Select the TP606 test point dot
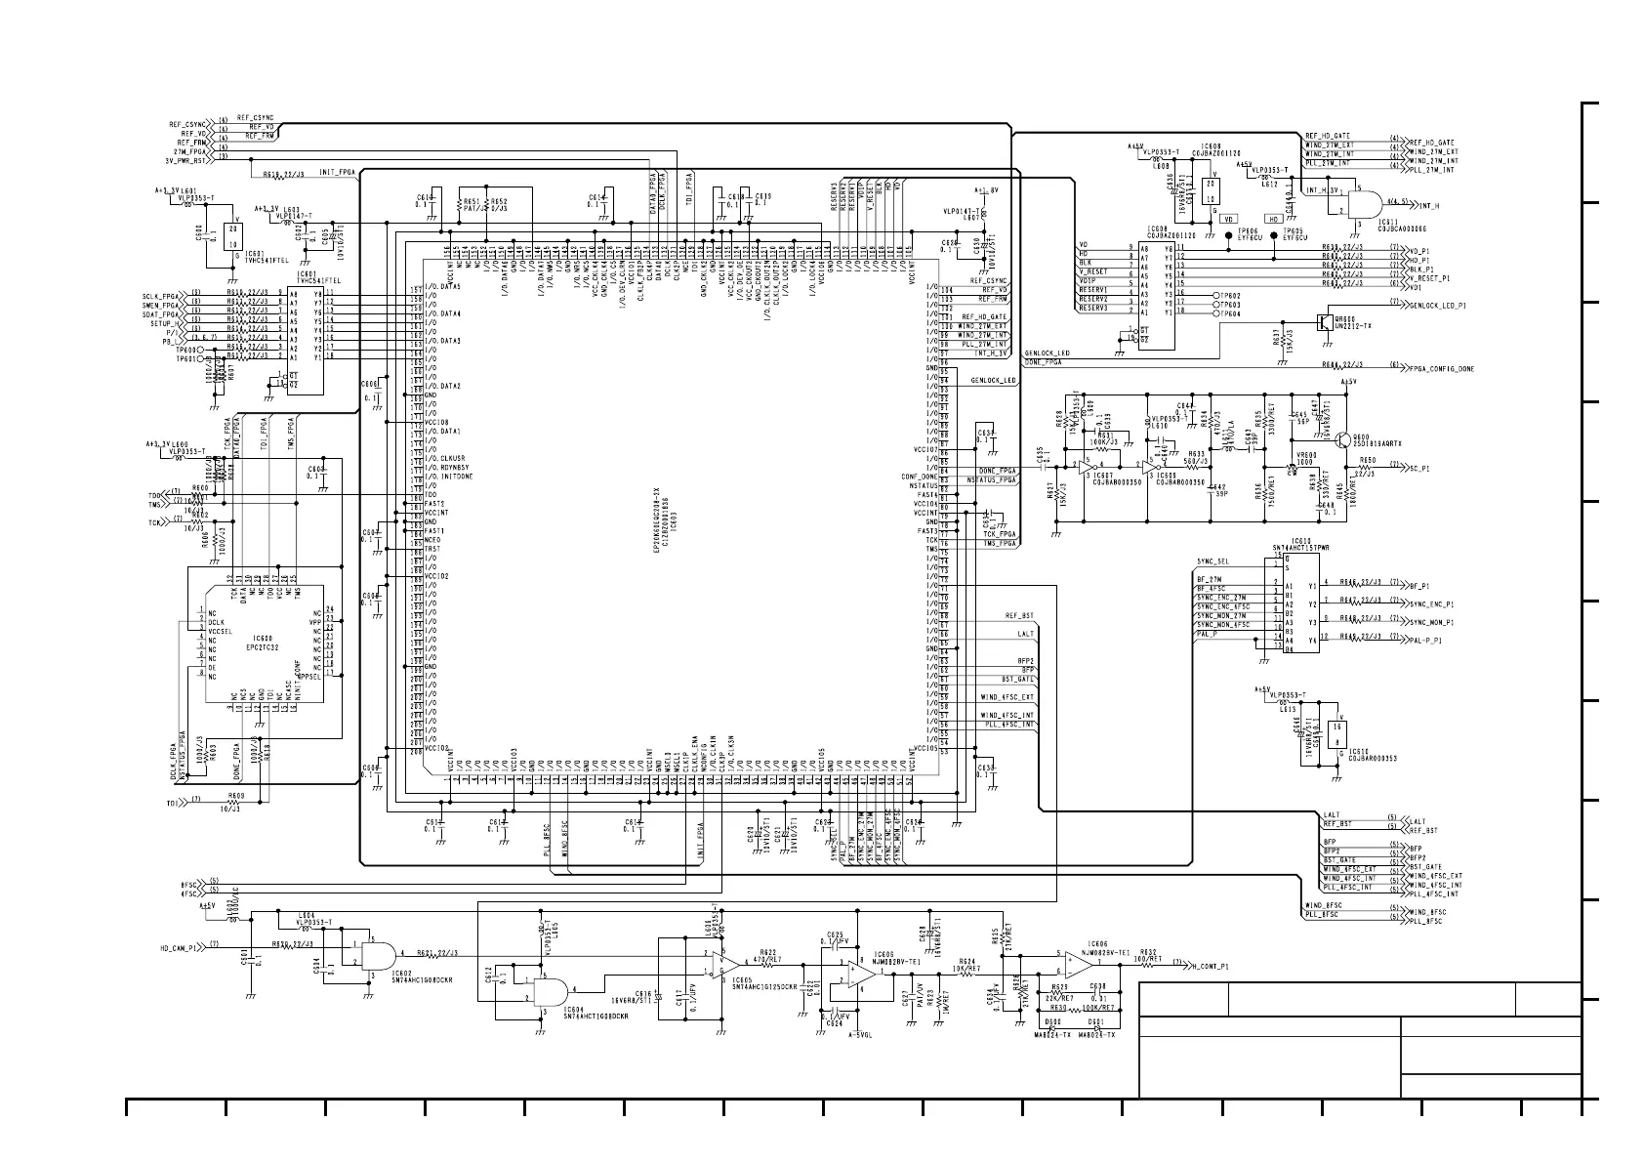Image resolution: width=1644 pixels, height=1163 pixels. coord(1228,235)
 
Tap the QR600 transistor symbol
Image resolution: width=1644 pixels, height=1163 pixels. coord(1322,321)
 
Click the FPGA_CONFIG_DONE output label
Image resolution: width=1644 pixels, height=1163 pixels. coord(1442,368)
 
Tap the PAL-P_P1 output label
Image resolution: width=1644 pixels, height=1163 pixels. coord(1424,641)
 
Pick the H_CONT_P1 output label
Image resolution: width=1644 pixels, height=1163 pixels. coord(1211,966)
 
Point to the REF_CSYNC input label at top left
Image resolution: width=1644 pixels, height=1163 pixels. coord(186,125)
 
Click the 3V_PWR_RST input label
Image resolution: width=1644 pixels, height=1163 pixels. coord(185,160)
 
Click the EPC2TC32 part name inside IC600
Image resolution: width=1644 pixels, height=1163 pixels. coord(263,647)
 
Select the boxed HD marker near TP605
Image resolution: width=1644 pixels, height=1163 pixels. coord(1273,219)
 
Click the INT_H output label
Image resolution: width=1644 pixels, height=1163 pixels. coord(1431,205)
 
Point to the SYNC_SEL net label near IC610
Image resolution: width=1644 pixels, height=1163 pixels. coord(1212,561)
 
